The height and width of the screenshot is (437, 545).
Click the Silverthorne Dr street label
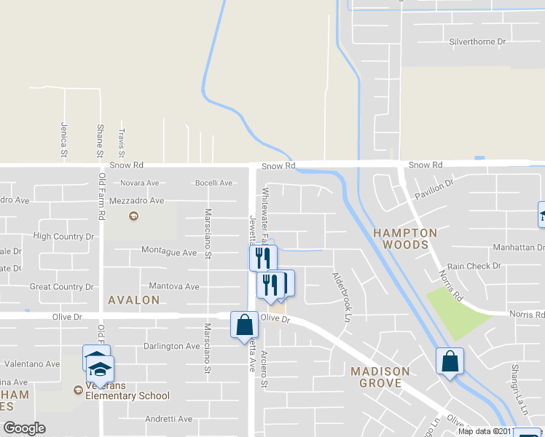point(477,42)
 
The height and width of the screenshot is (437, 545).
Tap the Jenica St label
point(64,138)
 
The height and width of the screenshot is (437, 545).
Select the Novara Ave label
point(140,183)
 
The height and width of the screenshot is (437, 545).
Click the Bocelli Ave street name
point(213,183)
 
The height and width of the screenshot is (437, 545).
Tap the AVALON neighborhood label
point(133,300)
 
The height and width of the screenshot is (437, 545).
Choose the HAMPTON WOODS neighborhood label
point(405,239)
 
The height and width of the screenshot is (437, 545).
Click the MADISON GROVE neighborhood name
point(380,377)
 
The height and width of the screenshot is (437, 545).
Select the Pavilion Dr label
point(434,192)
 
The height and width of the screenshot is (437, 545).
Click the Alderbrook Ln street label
point(337,297)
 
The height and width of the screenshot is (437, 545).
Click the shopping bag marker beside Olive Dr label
point(245,325)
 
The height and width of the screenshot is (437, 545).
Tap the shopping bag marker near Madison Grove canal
point(450,361)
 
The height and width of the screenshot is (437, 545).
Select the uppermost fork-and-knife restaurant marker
point(262,257)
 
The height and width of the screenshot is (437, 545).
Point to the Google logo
point(24,428)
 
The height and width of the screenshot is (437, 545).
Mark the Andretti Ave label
point(168,419)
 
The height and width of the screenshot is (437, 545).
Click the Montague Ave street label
point(169,253)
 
